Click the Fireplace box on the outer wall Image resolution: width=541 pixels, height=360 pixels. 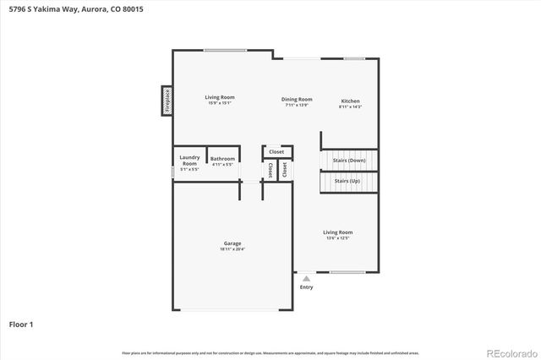click(167, 100)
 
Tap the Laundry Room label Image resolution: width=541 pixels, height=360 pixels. click(189, 161)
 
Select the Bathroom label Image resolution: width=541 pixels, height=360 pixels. click(222, 159)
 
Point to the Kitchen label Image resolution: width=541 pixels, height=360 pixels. click(350, 100)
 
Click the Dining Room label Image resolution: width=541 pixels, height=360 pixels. click(297, 100)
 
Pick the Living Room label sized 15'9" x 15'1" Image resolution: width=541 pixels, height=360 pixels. click(218, 97)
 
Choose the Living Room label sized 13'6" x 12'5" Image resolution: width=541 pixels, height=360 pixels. click(337, 232)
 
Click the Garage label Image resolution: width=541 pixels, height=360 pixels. click(232, 243)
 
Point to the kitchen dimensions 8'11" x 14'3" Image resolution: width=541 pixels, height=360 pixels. click(350, 107)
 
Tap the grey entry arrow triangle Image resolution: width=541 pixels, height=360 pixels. click(306, 278)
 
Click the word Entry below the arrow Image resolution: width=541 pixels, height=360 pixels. click(306, 287)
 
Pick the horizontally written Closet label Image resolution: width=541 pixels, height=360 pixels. click(276, 151)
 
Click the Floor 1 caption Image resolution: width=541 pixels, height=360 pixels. click(21, 324)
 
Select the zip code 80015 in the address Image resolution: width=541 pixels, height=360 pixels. click(108, 8)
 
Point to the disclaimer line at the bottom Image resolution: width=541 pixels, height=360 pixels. click(270, 352)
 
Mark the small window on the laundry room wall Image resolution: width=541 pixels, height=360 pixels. click(173, 172)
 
